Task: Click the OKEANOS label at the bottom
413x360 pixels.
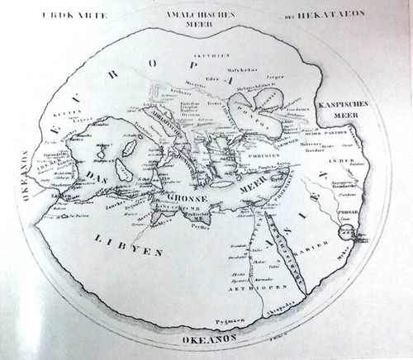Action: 203,338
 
